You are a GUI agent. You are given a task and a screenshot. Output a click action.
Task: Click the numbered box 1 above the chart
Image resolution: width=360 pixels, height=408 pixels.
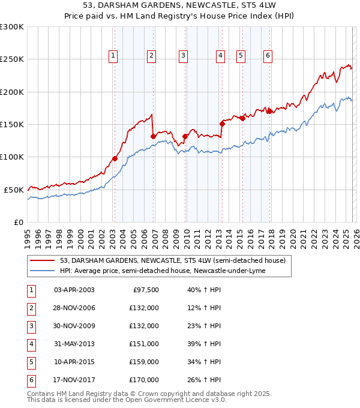tap(113, 56)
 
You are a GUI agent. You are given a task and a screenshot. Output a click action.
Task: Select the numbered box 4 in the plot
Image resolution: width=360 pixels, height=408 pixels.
tap(221, 56)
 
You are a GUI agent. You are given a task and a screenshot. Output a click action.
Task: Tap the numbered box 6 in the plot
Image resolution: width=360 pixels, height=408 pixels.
tap(268, 56)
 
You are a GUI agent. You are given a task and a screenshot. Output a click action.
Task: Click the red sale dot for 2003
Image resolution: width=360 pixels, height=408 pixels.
tap(115, 159)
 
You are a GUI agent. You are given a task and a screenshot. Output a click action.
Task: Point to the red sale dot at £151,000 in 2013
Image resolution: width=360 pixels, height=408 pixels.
tap(222, 124)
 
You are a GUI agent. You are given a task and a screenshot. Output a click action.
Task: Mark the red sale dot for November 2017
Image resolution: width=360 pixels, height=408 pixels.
tap(270, 111)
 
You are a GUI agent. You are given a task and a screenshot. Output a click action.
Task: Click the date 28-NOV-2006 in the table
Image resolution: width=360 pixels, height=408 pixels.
tap(74, 308)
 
